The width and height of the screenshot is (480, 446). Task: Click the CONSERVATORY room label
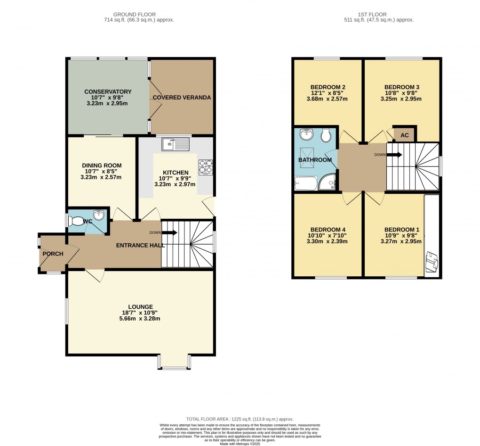108,91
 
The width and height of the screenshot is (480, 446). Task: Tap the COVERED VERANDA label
182,98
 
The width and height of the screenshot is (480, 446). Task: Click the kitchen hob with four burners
205,167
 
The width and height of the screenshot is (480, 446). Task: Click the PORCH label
53,254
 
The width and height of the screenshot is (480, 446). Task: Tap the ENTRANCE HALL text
140,245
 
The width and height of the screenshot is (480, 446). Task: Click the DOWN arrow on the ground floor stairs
169,232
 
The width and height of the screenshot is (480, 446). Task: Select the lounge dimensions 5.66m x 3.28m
141,318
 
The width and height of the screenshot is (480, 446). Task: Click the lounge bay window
174,362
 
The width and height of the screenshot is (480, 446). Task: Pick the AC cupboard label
405,135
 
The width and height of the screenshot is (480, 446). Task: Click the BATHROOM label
315,160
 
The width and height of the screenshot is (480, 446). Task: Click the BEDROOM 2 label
328,87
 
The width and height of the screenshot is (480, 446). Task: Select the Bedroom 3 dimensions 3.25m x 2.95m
402,99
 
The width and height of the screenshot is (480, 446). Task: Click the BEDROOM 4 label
327,230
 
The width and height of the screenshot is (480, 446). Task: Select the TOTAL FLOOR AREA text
240,419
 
